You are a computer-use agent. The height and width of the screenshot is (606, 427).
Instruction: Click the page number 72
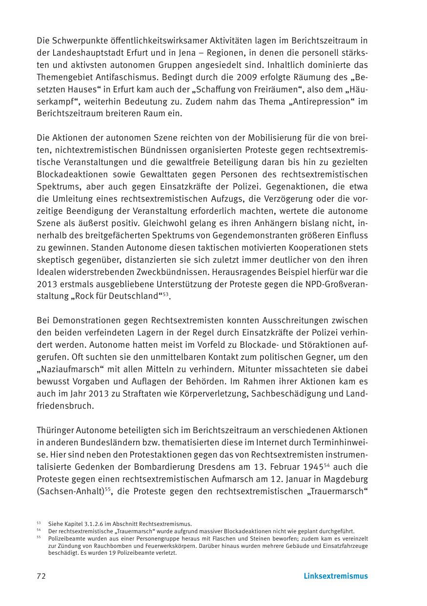[41, 576]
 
